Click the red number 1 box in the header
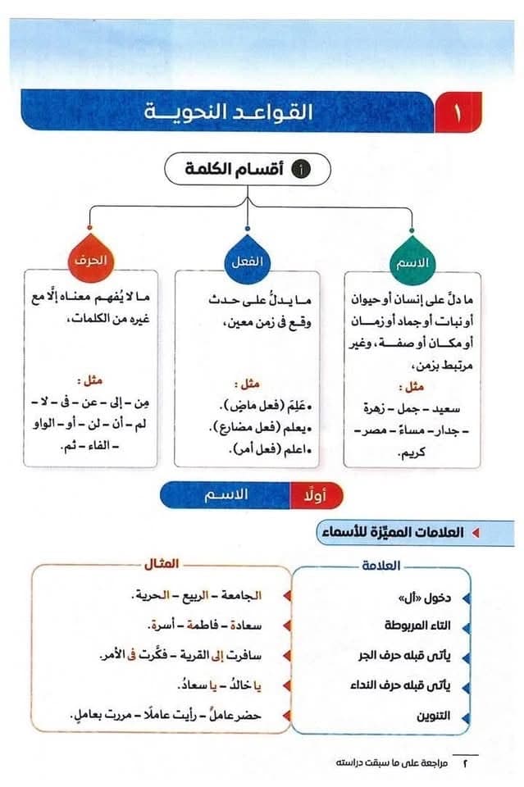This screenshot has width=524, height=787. click(458, 112)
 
